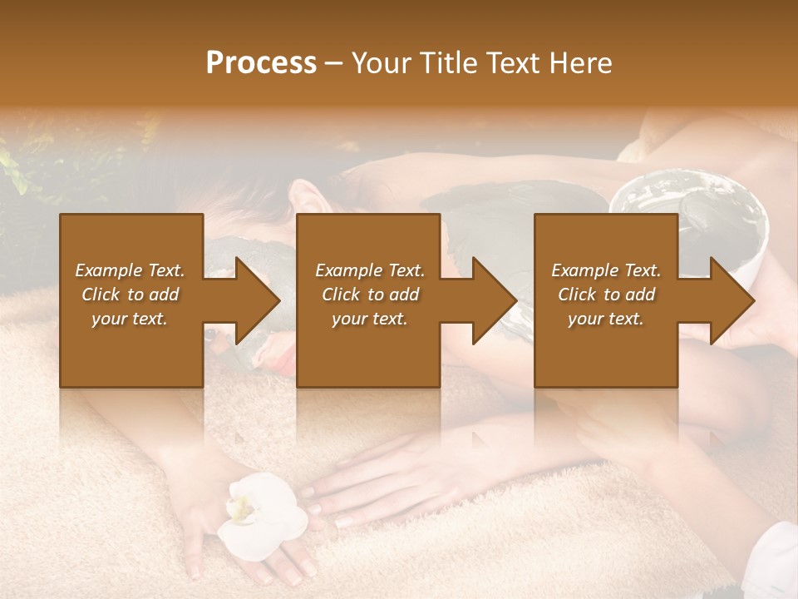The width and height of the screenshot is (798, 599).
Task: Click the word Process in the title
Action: (x=261, y=63)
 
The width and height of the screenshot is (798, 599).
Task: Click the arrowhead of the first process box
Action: (x=259, y=300)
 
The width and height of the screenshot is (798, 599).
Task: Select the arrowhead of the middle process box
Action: (x=495, y=300)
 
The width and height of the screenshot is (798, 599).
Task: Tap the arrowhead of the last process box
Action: (x=732, y=300)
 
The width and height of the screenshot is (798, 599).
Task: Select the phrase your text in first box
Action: (x=130, y=319)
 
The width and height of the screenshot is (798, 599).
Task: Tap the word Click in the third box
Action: (x=578, y=295)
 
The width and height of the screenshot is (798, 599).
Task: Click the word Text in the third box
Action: (x=642, y=270)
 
